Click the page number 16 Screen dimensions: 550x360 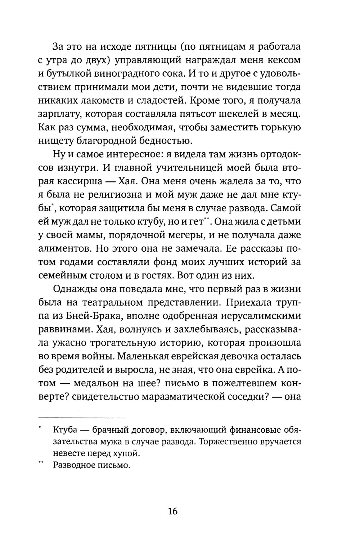click(x=173, y=511)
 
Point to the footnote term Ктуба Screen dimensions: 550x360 click(x=65, y=430)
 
